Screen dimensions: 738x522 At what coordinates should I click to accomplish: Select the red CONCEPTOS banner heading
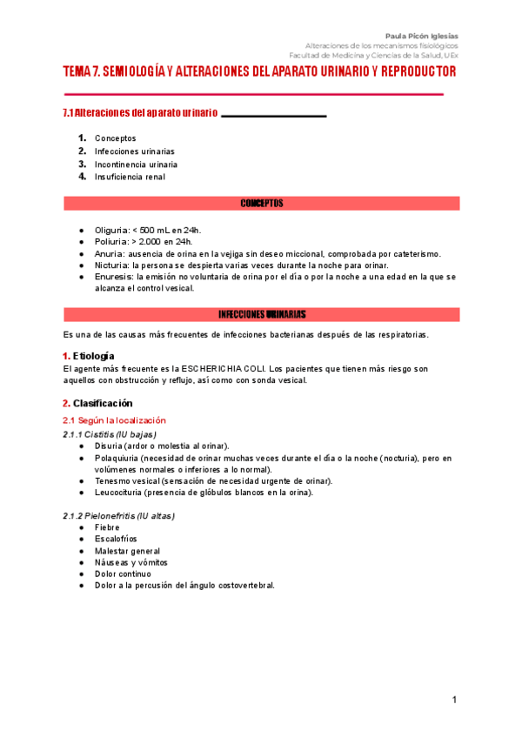pyautogui.click(x=261, y=204)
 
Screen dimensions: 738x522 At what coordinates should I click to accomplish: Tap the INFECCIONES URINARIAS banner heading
pyautogui.click(x=261, y=314)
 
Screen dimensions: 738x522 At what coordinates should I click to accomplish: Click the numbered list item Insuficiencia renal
pyautogui.click(x=130, y=177)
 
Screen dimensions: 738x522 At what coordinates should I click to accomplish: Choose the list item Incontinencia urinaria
pyautogui.click(x=136, y=164)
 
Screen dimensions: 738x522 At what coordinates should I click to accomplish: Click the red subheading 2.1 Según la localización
pyautogui.click(x=114, y=419)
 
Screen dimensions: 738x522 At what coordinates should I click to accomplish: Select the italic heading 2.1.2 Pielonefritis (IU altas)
pyautogui.click(x=118, y=515)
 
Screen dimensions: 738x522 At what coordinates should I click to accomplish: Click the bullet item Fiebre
pyautogui.click(x=107, y=527)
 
